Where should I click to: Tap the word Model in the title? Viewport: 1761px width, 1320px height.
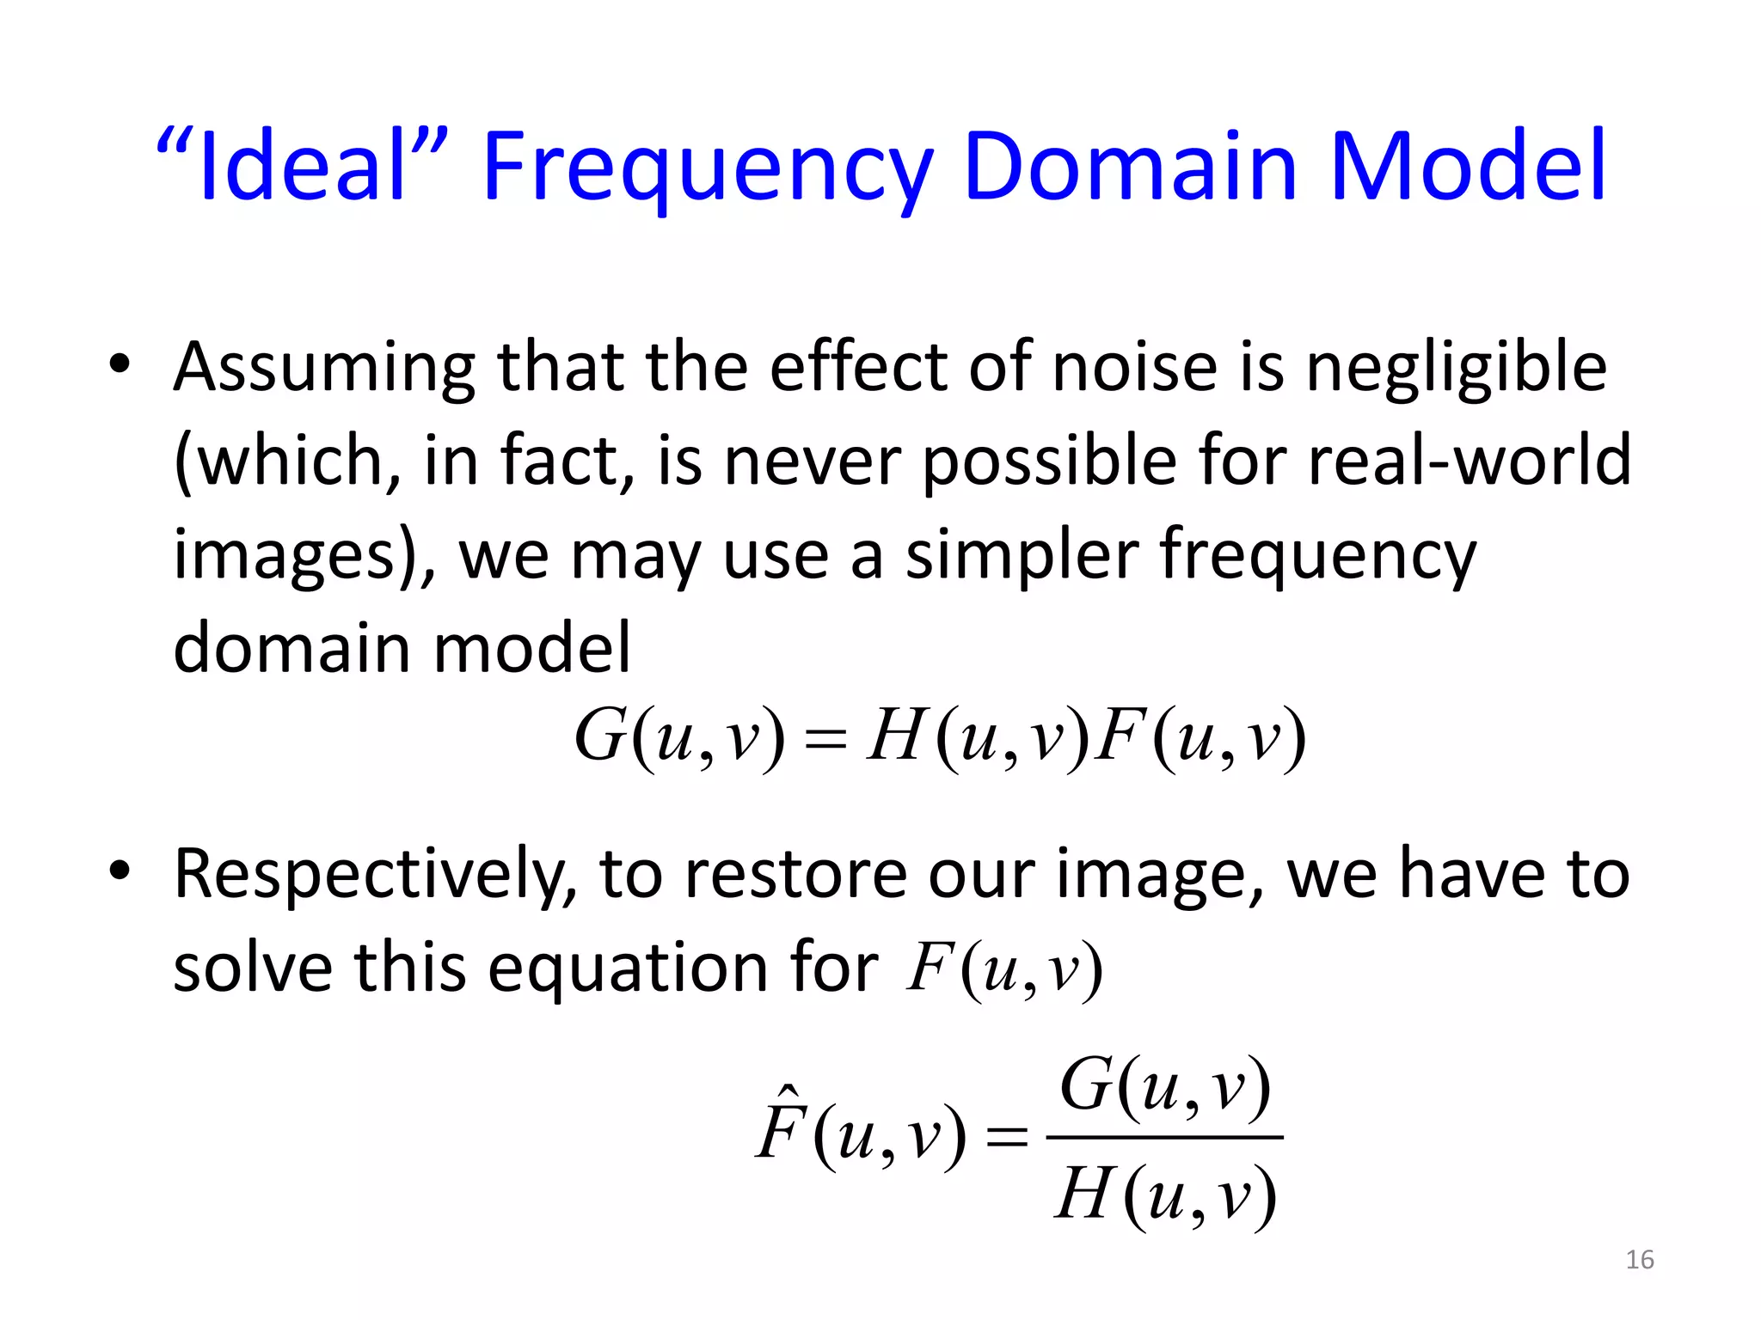pos(1467,165)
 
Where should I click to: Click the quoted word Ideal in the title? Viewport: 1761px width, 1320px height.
pos(301,165)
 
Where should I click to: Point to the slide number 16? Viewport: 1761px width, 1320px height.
pos(1639,1260)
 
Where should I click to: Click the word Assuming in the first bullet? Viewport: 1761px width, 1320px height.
pos(323,368)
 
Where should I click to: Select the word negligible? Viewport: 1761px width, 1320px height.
pos(1455,368)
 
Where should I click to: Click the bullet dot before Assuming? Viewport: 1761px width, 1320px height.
pos(120,364)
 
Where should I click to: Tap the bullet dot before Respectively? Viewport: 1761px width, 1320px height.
pos(120,870)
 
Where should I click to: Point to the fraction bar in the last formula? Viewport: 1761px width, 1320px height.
pos(1164,1138)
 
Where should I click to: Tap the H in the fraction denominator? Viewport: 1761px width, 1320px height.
pos(1083,1195)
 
